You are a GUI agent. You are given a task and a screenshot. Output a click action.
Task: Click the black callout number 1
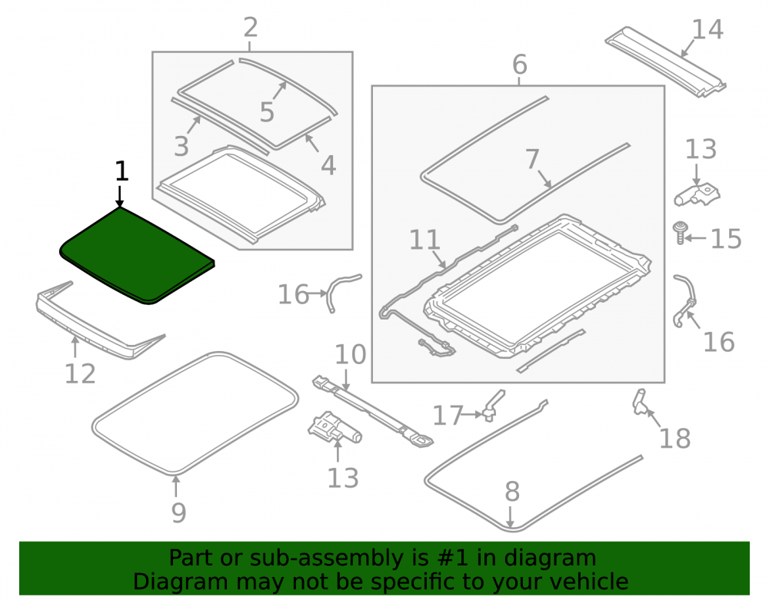122,172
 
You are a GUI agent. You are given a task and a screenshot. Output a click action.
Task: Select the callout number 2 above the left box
250,28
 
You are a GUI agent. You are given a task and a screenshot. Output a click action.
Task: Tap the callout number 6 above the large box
519,65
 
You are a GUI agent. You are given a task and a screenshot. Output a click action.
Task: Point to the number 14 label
707,29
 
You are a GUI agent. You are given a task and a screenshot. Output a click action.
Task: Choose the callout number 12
80,374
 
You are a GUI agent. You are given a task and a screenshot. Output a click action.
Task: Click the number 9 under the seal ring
178,513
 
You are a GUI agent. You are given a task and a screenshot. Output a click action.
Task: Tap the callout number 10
350,354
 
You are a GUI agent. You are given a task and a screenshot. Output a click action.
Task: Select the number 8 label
512,491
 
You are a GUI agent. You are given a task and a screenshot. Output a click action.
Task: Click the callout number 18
675,439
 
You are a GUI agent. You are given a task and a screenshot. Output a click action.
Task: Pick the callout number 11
424,240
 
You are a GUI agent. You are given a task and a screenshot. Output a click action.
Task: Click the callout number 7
533,159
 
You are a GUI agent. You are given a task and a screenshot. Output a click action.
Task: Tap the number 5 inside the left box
267,112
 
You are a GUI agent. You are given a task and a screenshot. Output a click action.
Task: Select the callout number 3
181,146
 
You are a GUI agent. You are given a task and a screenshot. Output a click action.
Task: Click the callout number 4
328,165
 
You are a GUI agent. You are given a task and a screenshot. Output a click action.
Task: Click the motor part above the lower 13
335,427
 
